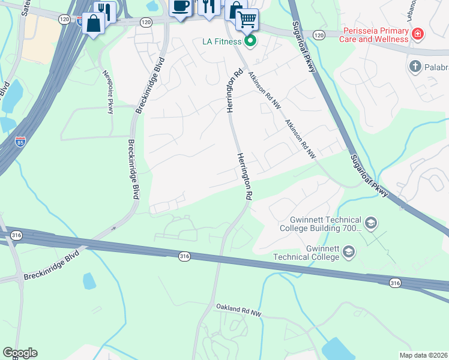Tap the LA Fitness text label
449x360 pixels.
click(220, 41)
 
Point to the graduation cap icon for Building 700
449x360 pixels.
click(371, 224)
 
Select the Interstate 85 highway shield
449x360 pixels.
click(20, 142)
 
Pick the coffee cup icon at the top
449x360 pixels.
click(181, 6)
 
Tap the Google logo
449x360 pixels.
click(20, 353)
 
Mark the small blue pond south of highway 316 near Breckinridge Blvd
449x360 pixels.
click(89, 281)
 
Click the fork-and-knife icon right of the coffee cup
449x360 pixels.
click(209, 6)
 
